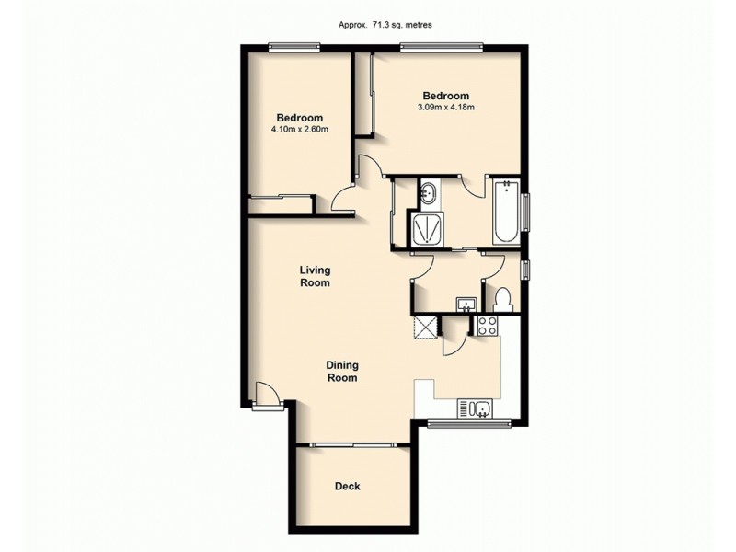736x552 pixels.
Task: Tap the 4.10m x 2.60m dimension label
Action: pos(300,130)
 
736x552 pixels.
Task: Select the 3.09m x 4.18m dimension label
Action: pos(445,108)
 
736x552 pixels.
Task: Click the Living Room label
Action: pos(315,276)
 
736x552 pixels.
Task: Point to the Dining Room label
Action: pos(341,371)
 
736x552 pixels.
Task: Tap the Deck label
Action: pos(347,486)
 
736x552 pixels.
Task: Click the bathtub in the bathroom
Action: pos(505,213)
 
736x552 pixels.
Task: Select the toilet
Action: pos(503,299)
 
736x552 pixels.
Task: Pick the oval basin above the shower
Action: pos(429,194)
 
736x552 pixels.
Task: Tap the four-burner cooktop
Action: pos(487,325)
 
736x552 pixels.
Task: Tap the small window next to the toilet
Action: pos(525,270)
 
